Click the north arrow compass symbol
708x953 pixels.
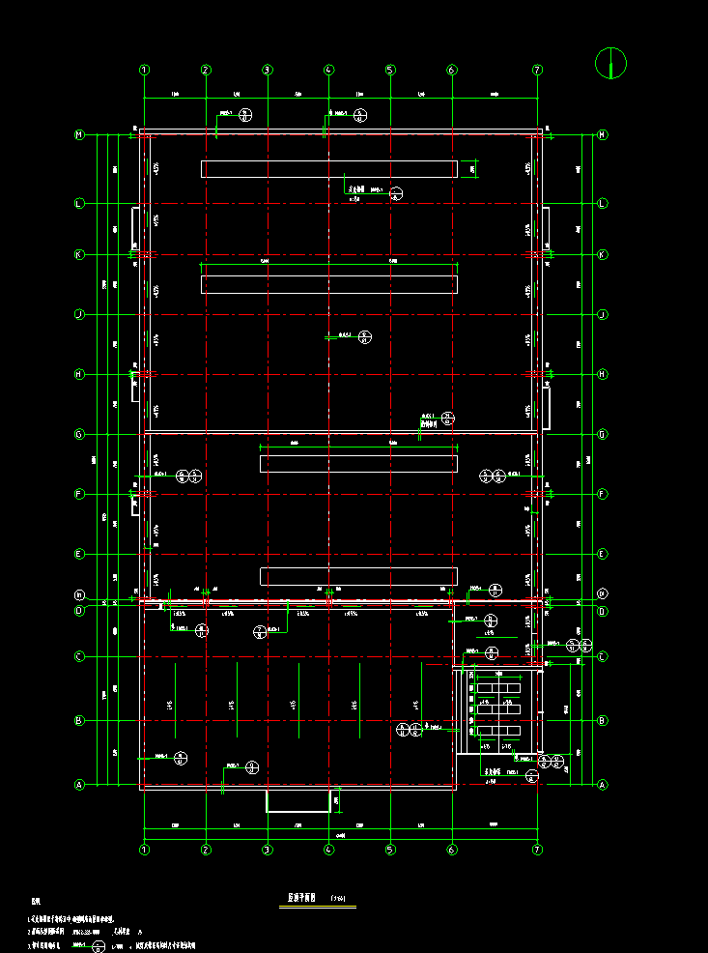pyautogui.click(x=611, y=63)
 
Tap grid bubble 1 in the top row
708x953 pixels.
pyautogui.click(x=144, y=70)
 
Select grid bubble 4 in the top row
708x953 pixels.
pyautogui.click(x=329, y=70)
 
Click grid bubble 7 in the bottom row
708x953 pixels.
pyautogui.click(x=538, y=850)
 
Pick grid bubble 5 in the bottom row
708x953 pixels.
pyautogui.click(x=390, y=850)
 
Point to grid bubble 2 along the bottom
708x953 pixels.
pyautogui.click(x=206, y=850)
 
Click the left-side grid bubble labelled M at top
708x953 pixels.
pyautogui.click(x=80, y=135)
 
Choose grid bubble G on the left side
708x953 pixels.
pyautogui.click(x=80, y=434)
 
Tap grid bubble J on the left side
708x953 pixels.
pyautogui.click(x=80, y=314)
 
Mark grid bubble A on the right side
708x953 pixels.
pyautogui.click(x=603, y=785)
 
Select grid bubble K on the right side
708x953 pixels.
pyautogui.click(x=603, y=255)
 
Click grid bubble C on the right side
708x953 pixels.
pyautogui.click(x=603, y=657)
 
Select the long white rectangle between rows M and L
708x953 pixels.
pyautogui.click(x=328, y=169)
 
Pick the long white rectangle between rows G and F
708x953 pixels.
pyautogui.click(x=357, y=463)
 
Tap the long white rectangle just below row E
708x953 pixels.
pyautogui.click(x=357, y=576)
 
